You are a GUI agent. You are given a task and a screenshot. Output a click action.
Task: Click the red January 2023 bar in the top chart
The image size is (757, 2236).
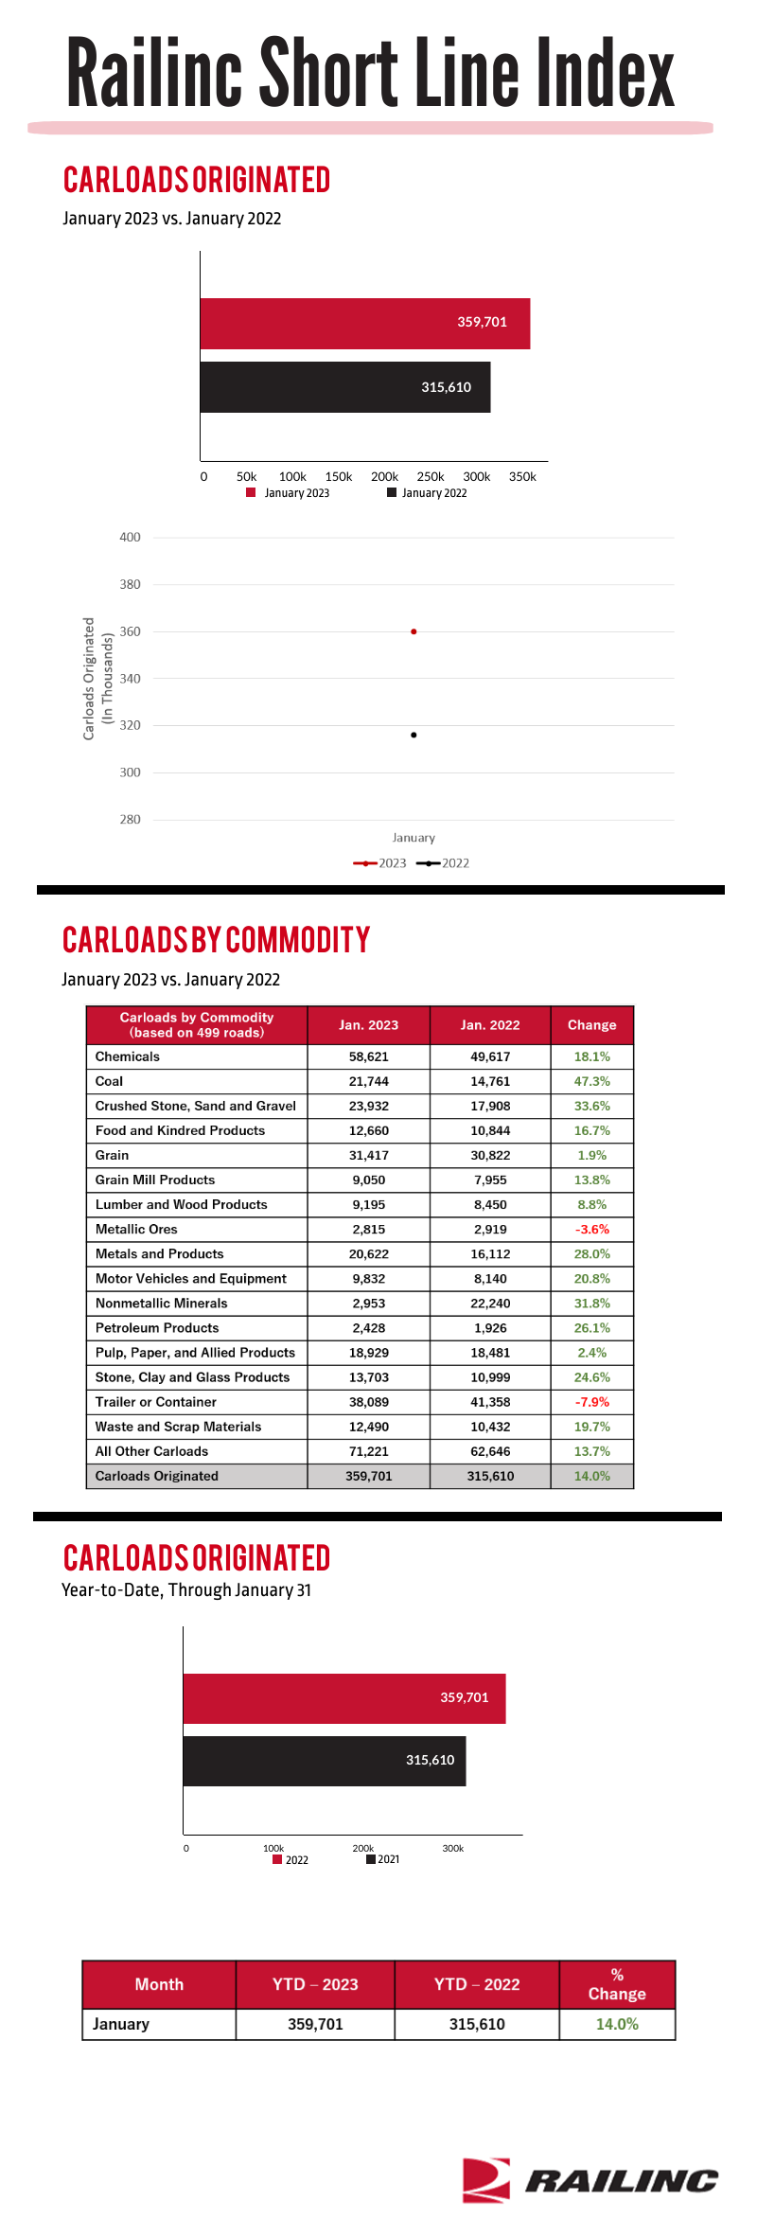[365, 324]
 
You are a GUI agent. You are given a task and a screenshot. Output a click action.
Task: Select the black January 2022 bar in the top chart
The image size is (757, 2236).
[345, 387]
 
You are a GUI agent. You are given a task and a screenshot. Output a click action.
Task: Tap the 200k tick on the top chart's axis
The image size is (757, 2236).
[384, 477]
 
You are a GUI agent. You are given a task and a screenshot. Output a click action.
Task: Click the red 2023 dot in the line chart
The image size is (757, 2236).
[414, 631]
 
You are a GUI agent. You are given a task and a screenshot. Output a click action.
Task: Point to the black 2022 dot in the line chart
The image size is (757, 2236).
[414, 735]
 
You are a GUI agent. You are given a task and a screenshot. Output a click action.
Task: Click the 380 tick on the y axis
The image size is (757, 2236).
[130, 585]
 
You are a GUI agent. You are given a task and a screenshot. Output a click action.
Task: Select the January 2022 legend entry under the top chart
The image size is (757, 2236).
[427, 493]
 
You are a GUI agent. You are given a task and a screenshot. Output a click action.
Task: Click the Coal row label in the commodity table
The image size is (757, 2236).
[109, 1081]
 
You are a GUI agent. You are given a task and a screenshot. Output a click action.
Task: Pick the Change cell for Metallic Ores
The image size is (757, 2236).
[592, 1229]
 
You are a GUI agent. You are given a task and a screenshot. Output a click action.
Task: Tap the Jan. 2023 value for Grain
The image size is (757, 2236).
[369, 1155]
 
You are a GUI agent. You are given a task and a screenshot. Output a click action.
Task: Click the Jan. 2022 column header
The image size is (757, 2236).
[490, 1025]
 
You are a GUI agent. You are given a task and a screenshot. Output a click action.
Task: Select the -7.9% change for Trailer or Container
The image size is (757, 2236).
[592, 1402]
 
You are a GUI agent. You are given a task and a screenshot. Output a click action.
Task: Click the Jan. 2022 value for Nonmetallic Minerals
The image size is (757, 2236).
[490, 1304]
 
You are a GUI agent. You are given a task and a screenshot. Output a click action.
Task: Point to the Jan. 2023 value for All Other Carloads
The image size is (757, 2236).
[369, 1451]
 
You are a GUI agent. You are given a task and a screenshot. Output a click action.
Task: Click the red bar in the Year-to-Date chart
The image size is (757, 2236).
[344, 1698]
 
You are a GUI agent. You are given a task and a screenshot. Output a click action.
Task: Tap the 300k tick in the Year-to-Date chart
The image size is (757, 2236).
[453, 1848]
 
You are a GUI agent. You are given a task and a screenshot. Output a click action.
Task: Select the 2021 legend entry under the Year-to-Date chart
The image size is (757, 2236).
[382, 1859]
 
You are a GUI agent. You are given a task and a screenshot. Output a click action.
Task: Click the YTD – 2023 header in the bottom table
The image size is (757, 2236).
[315, 1984]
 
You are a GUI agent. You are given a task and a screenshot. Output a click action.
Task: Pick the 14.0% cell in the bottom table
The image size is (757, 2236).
[617, 2024]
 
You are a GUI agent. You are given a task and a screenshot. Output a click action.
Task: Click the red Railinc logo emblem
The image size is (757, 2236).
[486, 2180]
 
